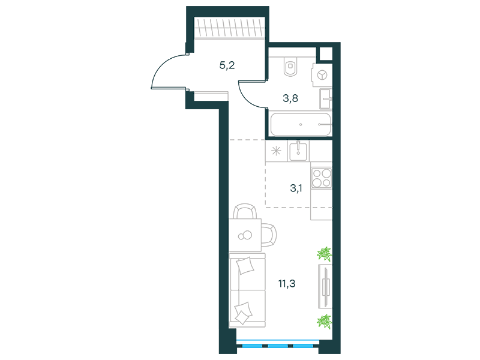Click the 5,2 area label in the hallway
227,65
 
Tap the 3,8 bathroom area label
290,98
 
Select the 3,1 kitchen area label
296,188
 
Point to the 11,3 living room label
287,284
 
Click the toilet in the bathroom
290,67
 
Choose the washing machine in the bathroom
322,75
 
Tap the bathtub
301,125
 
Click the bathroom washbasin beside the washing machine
325,98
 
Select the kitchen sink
298,151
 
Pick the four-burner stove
322,178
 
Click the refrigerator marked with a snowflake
276,151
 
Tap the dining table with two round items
245,235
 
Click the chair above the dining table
245,212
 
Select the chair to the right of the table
269,235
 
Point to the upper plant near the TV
325,254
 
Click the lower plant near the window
325,322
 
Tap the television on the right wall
325,287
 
